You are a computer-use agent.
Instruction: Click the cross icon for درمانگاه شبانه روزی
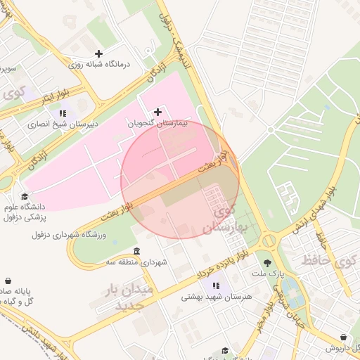pyautogui.click(x=98, y=53)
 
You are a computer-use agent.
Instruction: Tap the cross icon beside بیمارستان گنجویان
pyautogui.click(x=157, y=112)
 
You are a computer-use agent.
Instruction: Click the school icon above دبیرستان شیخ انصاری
pyautogui.click(x=63, y=113)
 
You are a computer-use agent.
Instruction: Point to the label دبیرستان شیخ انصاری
pyautogui.click(x=63, y=124)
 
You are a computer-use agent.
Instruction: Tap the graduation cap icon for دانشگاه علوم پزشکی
pyautogui.click(x=25, y=197)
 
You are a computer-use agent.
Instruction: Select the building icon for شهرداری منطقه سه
pyautogui.click(x=136, y=252)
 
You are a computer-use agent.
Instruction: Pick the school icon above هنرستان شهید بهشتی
pyautogui.click(x=217, y=285)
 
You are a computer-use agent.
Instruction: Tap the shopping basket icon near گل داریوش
pyautogui.click(x=343, y=337)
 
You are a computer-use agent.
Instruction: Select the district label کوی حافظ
pyautogui.click(x=328, y=261)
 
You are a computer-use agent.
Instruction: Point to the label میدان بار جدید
pyautogui.click(x=124, y=297)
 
